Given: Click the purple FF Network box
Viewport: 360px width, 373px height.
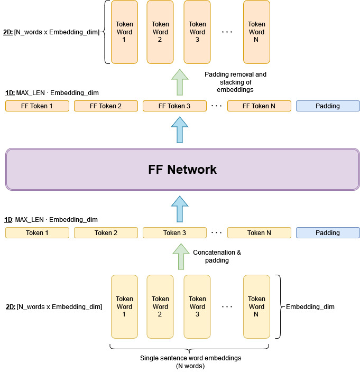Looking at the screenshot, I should [x=182, y=170].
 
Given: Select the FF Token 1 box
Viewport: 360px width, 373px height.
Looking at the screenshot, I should [x=37, y=106].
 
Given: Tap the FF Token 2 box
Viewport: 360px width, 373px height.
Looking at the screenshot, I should [x=106, y=106].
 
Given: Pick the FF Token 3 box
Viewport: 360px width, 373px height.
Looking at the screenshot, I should [x=174, y=106].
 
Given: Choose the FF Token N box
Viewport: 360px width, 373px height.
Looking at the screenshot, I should [x=259, y=106].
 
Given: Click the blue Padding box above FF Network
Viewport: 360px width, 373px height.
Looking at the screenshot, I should [x=328, y=106].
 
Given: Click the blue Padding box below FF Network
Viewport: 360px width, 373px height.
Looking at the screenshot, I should [x=328, y=233].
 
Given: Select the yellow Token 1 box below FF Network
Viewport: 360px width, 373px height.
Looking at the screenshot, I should [x=37, y=233].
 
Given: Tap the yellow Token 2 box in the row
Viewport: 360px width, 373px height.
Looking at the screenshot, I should [x=106, y=233].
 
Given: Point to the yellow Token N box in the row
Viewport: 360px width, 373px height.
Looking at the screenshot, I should [x=259, y=233].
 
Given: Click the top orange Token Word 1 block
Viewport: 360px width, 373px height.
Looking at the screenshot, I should [x=124, y=32].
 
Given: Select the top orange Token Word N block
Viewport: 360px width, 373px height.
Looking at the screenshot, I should [x=256, y=32].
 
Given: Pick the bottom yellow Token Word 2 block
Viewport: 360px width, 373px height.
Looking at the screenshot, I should [x=160, y=306].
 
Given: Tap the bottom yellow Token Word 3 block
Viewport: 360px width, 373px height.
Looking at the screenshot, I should [x=197, y=306].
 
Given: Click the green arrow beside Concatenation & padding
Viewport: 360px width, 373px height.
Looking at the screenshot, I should [x=180, y=257].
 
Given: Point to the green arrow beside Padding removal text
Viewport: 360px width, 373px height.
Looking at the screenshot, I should [x=180, y=82].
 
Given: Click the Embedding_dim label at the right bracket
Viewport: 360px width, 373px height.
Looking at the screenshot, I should [x=310, y=307].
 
